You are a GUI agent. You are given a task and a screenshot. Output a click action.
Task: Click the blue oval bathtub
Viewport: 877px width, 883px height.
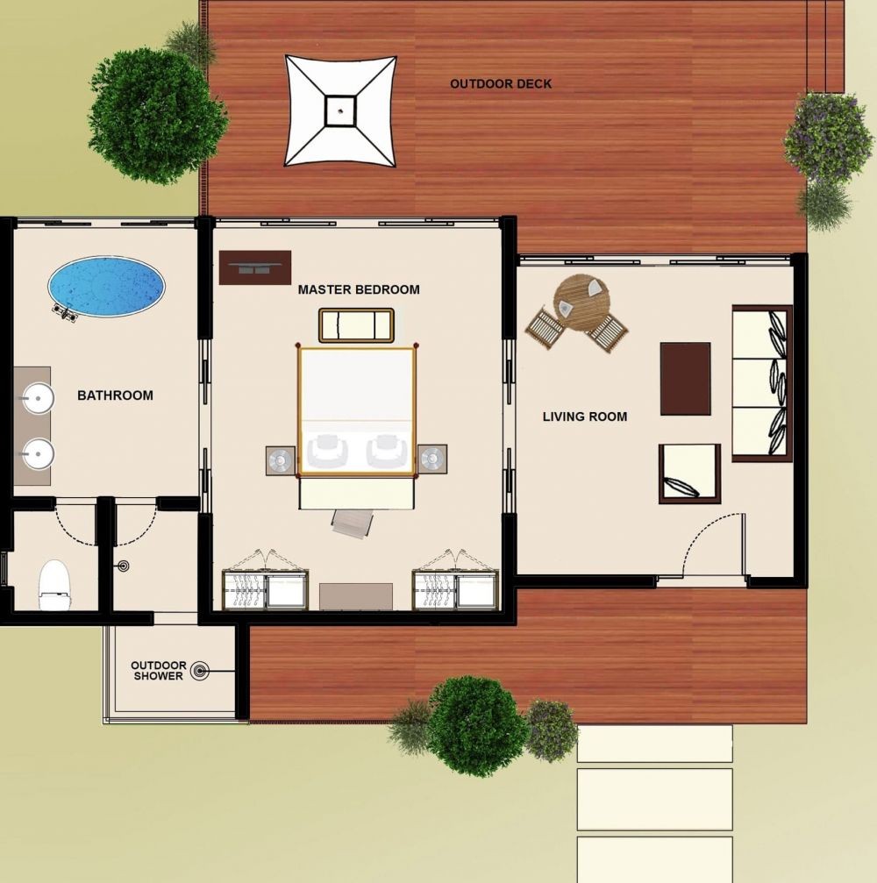[106, 286]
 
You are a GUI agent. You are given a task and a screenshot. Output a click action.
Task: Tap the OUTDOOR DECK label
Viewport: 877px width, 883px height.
[501, 84]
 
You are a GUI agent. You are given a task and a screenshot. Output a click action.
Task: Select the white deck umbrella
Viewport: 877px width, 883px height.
[340, 110]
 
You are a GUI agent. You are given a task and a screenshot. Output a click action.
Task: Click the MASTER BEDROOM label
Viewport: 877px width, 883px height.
[359, 289]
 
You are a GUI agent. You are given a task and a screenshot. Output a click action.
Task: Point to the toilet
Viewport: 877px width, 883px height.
[54, 585]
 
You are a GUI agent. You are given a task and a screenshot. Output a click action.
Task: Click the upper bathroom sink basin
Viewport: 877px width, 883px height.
[38, 398]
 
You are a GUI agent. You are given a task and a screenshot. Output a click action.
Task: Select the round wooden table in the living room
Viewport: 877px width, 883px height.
[581, 303]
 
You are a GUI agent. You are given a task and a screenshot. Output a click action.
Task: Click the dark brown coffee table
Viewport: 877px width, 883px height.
[685, 379]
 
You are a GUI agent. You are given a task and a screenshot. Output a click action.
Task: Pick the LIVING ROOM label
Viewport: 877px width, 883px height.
[585, 417]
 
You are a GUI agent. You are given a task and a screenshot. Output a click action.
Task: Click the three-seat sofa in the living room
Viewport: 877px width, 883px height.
[762, 383]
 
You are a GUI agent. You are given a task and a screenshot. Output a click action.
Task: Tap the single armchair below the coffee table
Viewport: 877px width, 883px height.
[689, 474]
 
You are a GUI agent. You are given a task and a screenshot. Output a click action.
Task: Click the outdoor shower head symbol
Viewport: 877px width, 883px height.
[199, 671]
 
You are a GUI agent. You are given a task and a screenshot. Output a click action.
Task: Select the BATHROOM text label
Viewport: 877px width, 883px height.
[115, 395]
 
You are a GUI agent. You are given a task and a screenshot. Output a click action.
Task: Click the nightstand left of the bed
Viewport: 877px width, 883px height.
[281, 460]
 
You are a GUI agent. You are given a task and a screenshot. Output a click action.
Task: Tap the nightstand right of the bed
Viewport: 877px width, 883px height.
[432, 459]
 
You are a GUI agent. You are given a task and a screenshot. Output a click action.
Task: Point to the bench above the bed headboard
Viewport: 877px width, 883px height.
[356, 325]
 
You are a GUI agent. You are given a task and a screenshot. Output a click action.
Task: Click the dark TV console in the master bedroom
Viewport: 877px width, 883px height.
[255, 267]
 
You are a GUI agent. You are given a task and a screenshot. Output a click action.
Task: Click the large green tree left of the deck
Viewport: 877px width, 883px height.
[157, 116]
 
